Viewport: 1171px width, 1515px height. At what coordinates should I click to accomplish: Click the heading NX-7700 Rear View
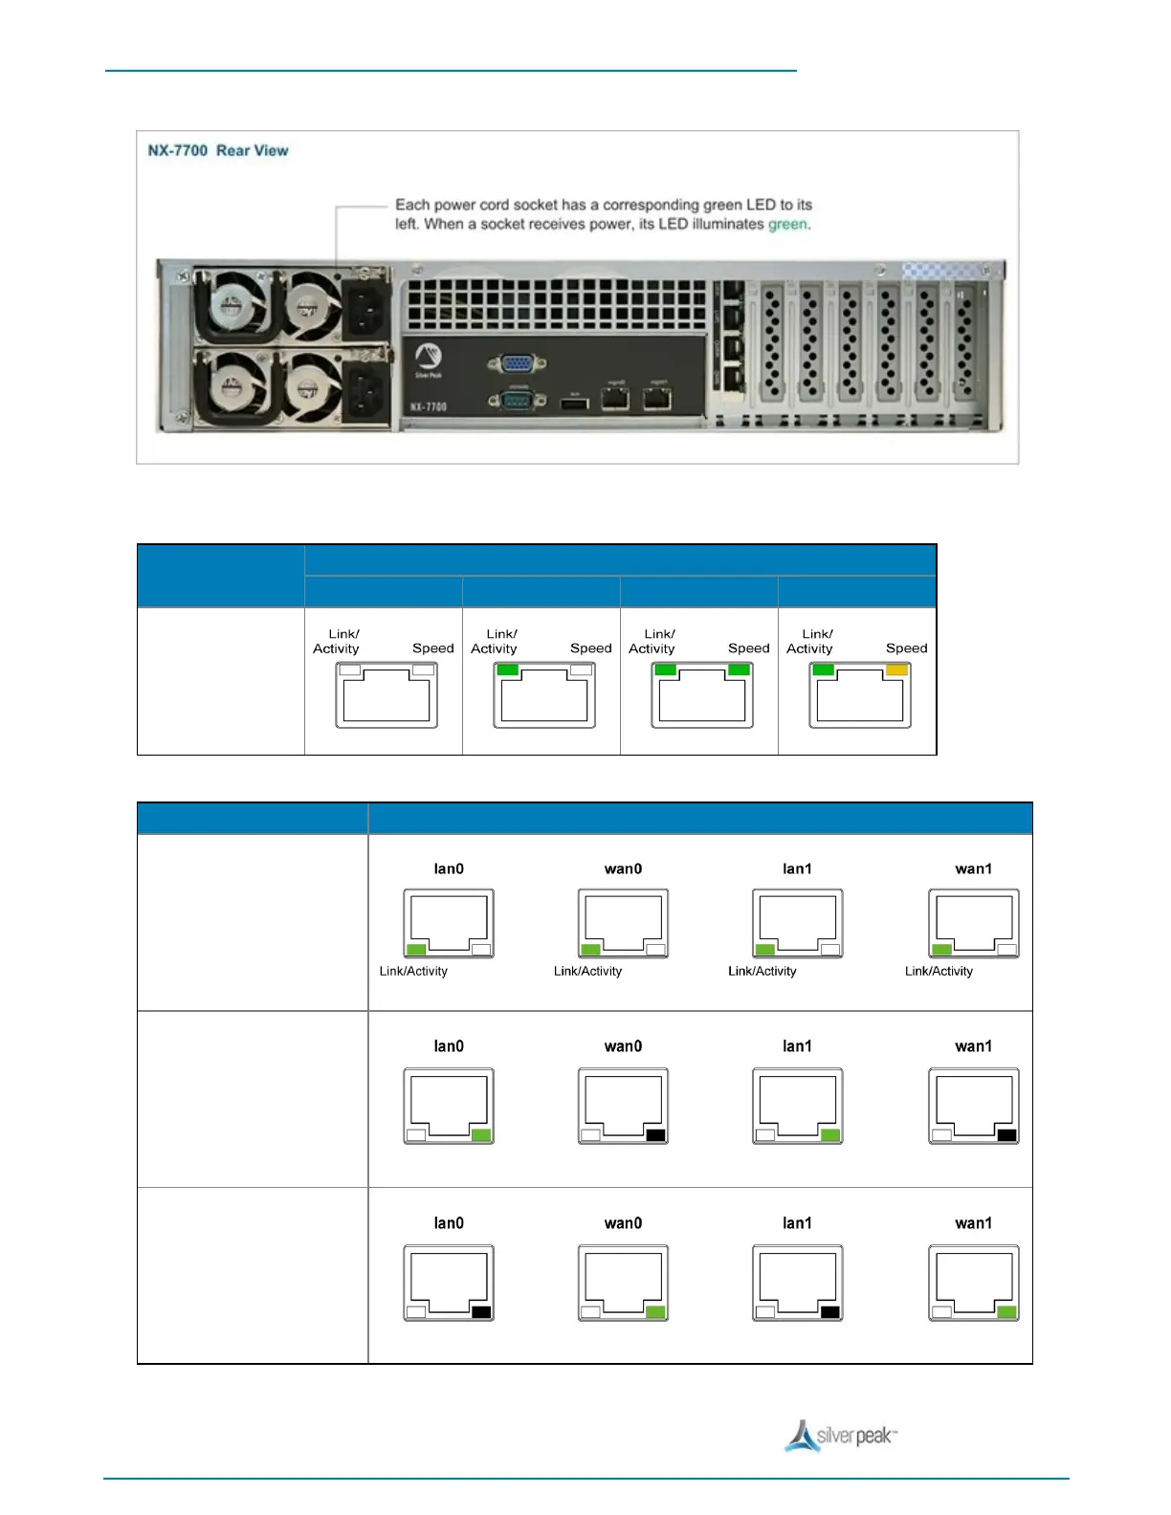click(218, 150)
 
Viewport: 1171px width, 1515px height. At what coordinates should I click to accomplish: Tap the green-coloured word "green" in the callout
click(787, 224)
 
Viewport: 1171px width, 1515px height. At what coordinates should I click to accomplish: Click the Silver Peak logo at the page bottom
click(841, 1437)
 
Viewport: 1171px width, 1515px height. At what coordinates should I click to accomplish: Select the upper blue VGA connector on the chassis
click(517, 363)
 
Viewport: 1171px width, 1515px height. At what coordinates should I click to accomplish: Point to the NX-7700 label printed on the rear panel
click(429, 406)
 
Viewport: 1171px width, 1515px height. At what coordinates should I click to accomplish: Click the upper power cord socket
click(366, 307)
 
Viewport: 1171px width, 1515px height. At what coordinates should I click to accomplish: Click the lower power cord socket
click(366, 393)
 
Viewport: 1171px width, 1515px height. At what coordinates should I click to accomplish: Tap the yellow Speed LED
click(896, 670)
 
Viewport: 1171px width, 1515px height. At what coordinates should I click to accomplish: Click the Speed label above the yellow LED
click(906, 648)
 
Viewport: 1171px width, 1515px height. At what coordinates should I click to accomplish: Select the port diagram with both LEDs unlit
click(387, 695)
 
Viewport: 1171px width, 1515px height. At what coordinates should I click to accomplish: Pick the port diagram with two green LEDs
click(702, 695)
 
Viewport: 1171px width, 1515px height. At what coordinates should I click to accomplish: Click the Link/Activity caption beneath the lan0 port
click(413, 971)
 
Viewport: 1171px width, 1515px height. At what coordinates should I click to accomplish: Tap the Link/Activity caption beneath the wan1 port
click(939, 971)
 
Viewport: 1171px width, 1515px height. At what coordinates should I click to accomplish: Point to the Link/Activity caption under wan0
click(587, 971)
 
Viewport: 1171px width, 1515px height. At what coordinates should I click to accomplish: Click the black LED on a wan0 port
click(655, 1135)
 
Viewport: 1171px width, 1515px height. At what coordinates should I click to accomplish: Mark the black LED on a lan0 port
click(481, 1312)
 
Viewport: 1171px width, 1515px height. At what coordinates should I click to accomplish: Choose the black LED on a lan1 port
click(830, 1312)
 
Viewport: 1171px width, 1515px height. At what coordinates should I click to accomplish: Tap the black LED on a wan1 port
click(1006, 1135)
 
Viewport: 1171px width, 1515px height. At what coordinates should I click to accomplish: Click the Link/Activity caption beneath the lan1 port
click(762, 971)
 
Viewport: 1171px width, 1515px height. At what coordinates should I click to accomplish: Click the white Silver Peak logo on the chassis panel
click(429, 358)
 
